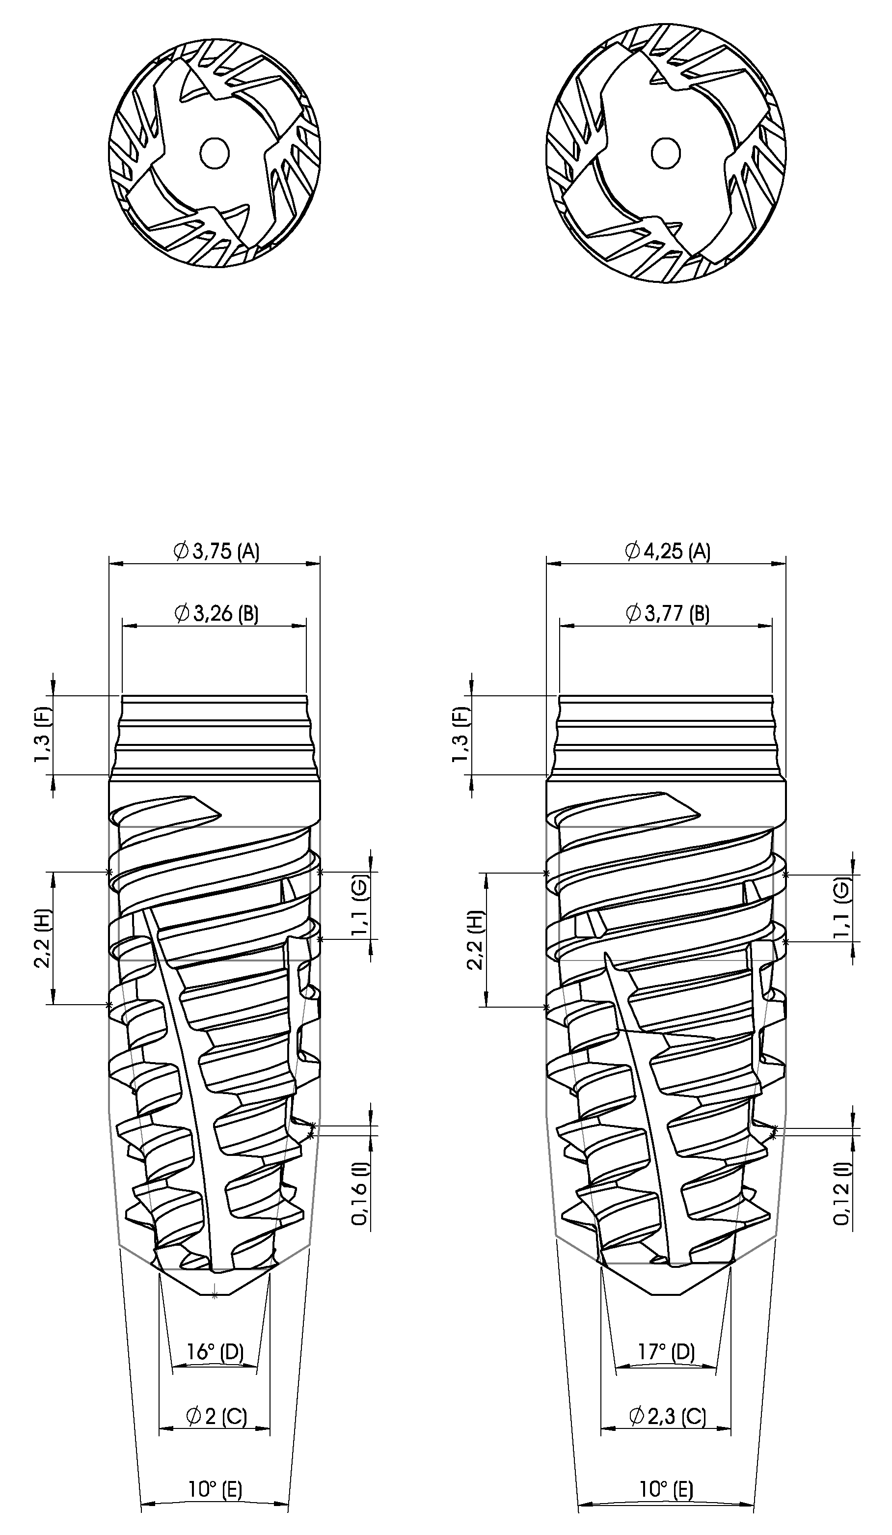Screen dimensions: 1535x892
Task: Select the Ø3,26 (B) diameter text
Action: [x=216, y=613]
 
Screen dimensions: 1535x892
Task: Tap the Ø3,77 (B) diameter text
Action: [x=667, y=613]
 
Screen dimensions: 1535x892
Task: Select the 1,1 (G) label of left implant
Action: [x=360, y=905]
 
